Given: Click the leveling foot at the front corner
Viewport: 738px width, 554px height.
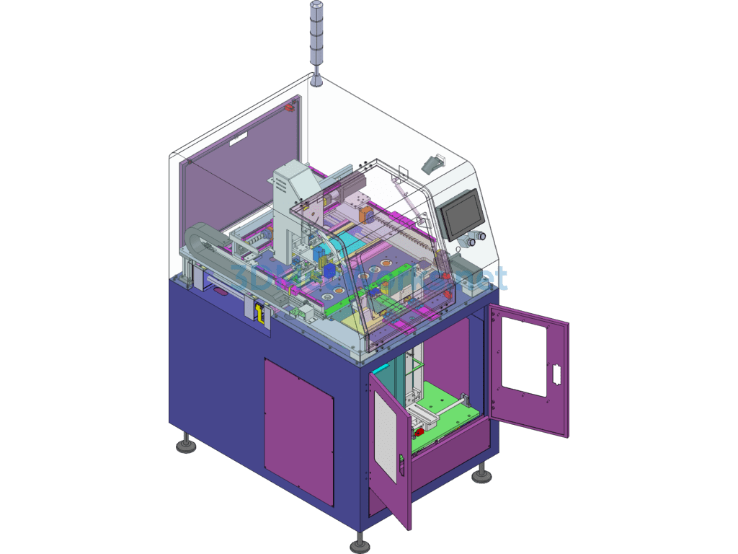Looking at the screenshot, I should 359,542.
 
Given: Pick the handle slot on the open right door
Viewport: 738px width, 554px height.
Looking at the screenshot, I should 556,374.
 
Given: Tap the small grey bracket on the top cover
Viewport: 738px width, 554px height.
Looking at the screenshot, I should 432,163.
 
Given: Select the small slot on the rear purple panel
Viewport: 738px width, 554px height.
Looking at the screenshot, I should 237,142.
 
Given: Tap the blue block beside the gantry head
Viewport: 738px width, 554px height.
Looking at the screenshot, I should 328,269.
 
